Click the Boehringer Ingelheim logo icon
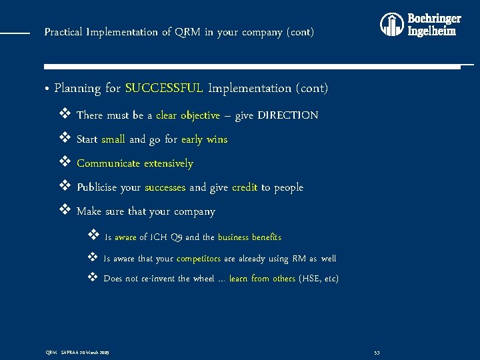(392, 25)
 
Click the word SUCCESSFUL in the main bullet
(163, 88)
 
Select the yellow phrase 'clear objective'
(188, 115)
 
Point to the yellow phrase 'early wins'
(204, 139)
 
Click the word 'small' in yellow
(113, 139)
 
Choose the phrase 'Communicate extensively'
(135, 163)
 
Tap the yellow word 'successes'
(165, 187)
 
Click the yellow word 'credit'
(245, 187)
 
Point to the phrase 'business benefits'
(249, 237)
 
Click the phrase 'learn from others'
(262, 279)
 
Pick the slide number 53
(377, 351)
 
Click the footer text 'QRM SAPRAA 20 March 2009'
(77, 351)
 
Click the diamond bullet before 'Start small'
(65, 139)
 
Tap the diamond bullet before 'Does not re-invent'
(93, 278)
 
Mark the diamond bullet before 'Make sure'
(65, 211)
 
